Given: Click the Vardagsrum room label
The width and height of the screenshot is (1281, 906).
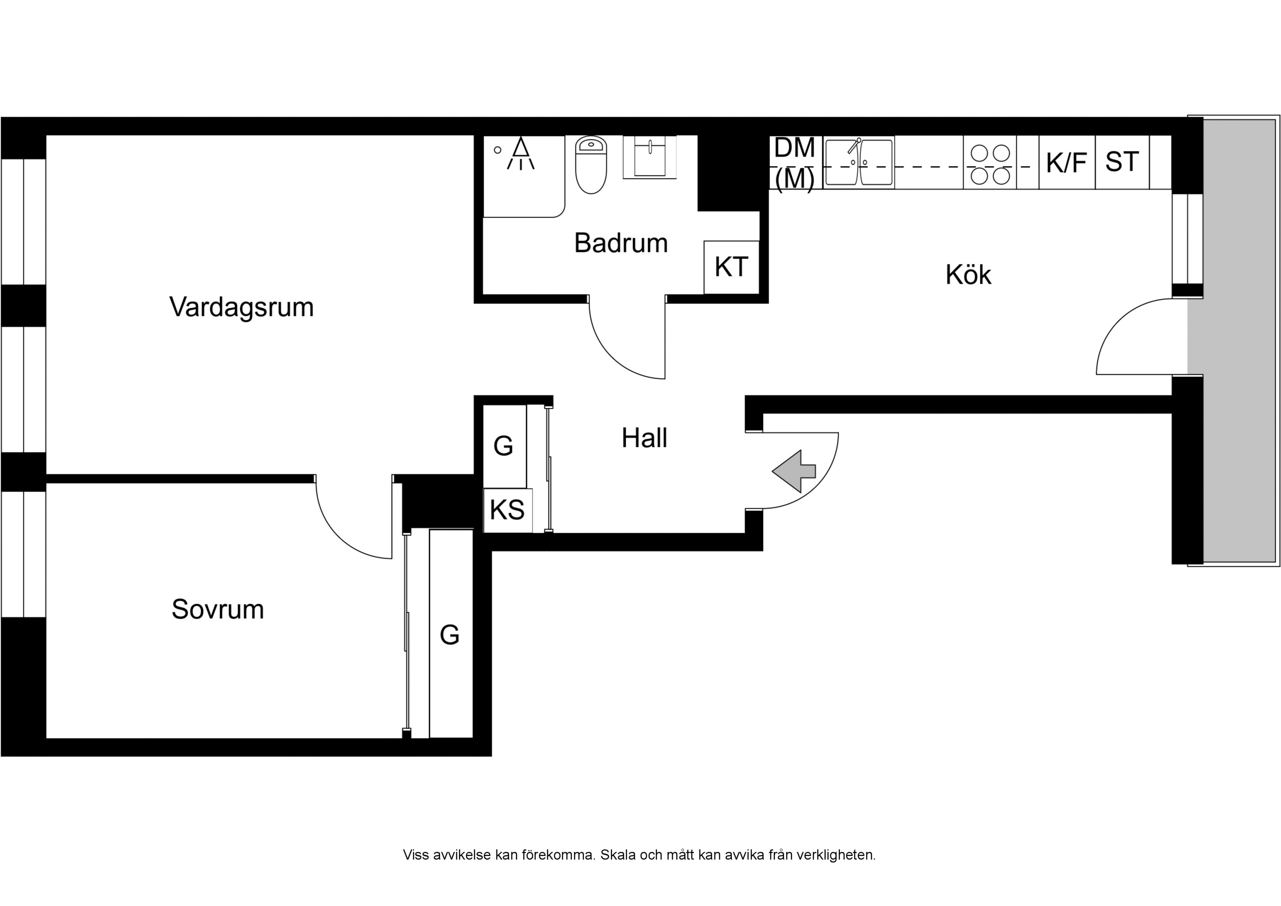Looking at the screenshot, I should [x=241, y=307].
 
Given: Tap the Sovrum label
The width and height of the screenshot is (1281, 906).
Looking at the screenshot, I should [x=218, y=609].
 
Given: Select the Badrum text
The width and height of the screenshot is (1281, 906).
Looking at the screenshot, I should [x=621, y=243].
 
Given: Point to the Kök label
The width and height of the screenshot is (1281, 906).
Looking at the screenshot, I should [x=968, y=275].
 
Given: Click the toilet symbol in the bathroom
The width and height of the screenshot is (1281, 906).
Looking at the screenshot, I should [x=590, y=165].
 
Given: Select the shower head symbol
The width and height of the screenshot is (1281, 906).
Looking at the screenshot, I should [x=520, y=154].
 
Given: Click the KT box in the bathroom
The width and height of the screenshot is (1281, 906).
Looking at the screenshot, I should [x=731, y=267].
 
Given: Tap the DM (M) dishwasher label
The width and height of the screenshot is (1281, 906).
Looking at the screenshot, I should [x=795, y=163].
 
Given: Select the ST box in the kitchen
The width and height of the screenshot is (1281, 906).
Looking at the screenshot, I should [x=1121, y=162].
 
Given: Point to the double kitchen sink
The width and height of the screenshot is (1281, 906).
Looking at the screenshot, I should [x=859, y=162].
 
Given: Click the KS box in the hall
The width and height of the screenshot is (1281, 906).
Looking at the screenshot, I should [x=507, y=510].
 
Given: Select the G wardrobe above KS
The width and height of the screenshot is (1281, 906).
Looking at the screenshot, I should [x=503, y=446].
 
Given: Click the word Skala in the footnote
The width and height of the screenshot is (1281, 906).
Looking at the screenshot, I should [x=618, y=855].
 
